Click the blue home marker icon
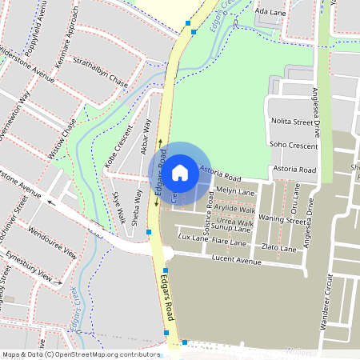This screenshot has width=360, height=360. pos(180,172)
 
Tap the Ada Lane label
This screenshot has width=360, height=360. pos(269,12)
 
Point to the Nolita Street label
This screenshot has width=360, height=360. pos(292,122)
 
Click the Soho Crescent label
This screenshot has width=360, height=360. pos(295,145)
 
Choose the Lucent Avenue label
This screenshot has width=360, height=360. pos(238,262)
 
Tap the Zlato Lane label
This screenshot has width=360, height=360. pos(280,249)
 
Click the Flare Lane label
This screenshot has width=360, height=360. pos(229,240)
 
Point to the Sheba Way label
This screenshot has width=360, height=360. pos(138,206)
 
